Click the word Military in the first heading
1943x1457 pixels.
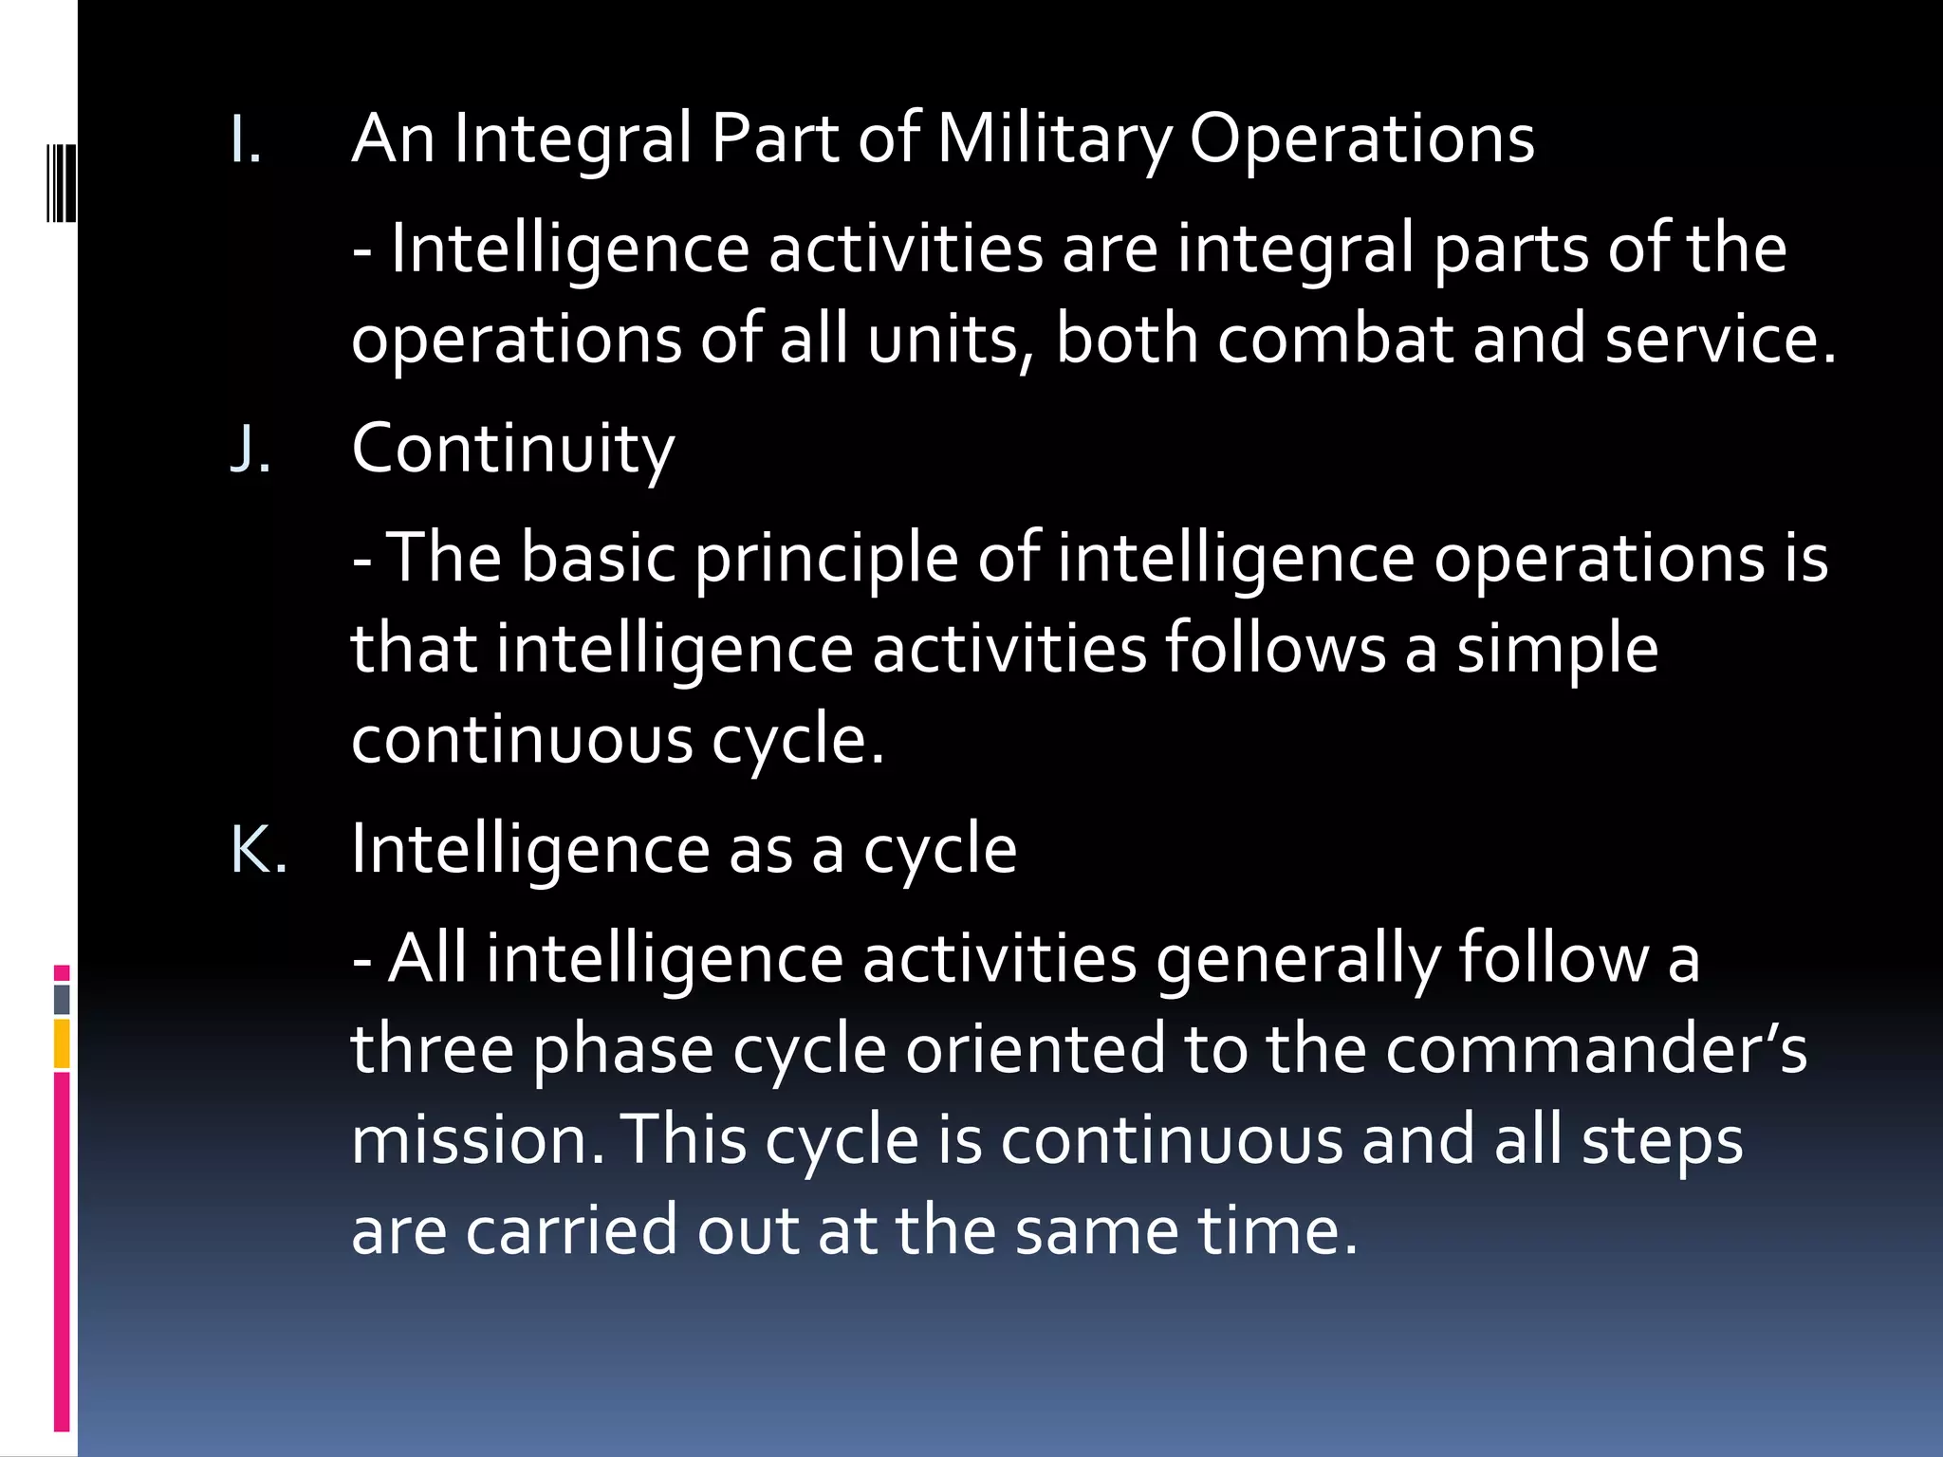tap(1054, 139)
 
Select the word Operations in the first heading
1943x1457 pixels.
tap(1361, 139)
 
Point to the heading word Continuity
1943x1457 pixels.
tap(512, 449)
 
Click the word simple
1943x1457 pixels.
tap(1557, 649)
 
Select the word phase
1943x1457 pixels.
tap(622, 1049)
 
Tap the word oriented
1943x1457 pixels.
tap(1035, 1049)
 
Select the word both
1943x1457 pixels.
tap(1127, 340)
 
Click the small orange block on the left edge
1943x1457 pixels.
tap(62, 1043)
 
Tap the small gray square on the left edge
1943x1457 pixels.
tap(62, 1000)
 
